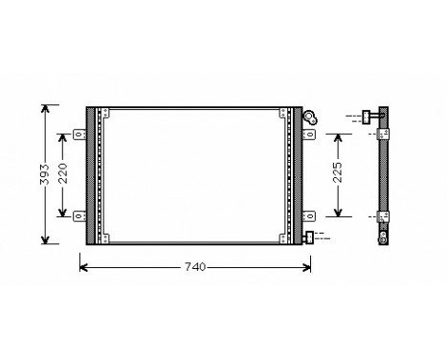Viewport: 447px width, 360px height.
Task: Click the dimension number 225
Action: (x=337, y=174)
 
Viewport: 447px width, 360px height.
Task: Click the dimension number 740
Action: (x=194, y=266)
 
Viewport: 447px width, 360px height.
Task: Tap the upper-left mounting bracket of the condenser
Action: (x=81, y=134)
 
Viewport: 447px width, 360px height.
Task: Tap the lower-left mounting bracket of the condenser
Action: (x=81, y=214)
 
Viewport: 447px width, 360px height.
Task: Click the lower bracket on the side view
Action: (x=383, y=216)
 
